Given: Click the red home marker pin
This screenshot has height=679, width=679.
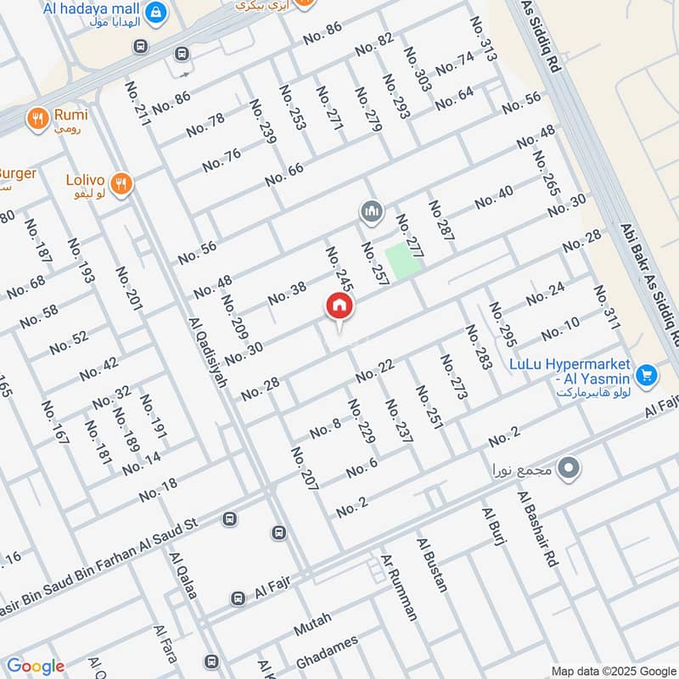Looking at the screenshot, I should point(339,306).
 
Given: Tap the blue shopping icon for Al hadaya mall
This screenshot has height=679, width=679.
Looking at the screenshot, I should point(155,13).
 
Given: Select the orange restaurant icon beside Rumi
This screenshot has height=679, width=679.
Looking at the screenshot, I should point(36,119).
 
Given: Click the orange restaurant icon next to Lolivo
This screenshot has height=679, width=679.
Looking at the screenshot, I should point(121,182).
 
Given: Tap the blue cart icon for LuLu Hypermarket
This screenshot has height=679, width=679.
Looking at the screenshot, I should point(647,373).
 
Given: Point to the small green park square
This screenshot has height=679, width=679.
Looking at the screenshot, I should point(403,259).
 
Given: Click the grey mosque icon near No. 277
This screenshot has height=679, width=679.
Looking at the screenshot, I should point(371,210).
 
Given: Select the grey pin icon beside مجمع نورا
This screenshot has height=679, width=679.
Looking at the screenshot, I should point(570,468).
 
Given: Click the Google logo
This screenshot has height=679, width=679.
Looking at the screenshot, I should point(35,666).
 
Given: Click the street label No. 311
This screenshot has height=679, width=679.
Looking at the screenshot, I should point(607,308).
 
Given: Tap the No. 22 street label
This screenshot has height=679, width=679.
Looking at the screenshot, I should point(376,371).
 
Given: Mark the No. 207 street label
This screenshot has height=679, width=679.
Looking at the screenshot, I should point(305,469).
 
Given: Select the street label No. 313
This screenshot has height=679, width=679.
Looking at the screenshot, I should point(487,38).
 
